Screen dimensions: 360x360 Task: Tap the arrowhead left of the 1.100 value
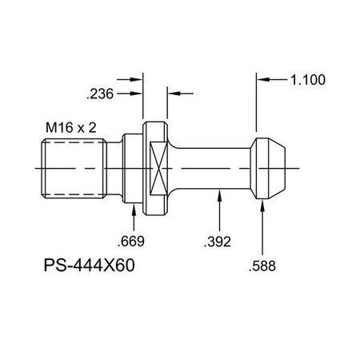pyautogui.click(x=263, y=80)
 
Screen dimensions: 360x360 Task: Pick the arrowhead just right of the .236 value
pyautogui.click(x=136, y=94)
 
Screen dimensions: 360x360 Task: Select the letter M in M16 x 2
pyautogui.click(x=50, y=126)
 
